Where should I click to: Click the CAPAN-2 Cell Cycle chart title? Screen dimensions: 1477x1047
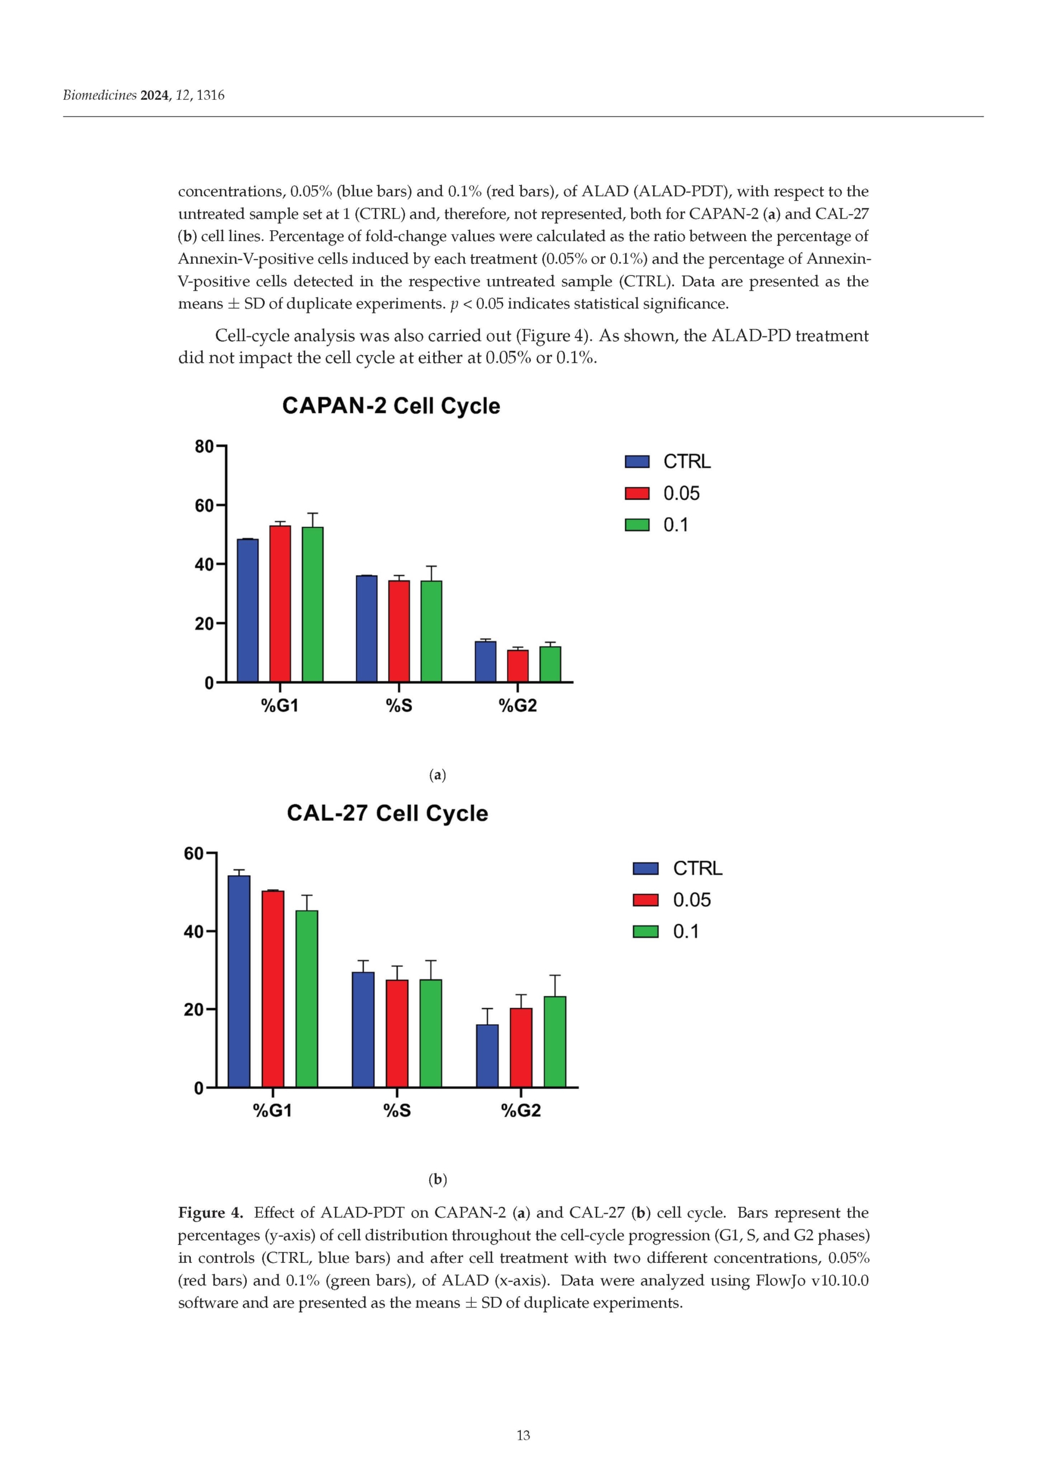click(391, 406)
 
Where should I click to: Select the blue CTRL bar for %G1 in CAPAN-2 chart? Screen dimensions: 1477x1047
click(247, 610)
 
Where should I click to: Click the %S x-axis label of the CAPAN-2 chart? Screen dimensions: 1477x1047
click(399, 705)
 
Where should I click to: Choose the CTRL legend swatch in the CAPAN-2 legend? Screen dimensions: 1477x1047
click(637, 462)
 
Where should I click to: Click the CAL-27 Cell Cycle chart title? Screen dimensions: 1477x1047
click(387, 813)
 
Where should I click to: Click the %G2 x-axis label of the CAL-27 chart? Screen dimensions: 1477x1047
click(521, 1110)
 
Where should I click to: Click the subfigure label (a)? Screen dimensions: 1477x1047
click(438, 775)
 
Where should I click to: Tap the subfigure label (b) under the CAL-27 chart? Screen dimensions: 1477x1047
click(438, 1179)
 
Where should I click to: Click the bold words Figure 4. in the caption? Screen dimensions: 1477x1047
click(210, 1213)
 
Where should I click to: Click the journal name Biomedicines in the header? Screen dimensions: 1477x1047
click(99, 95)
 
